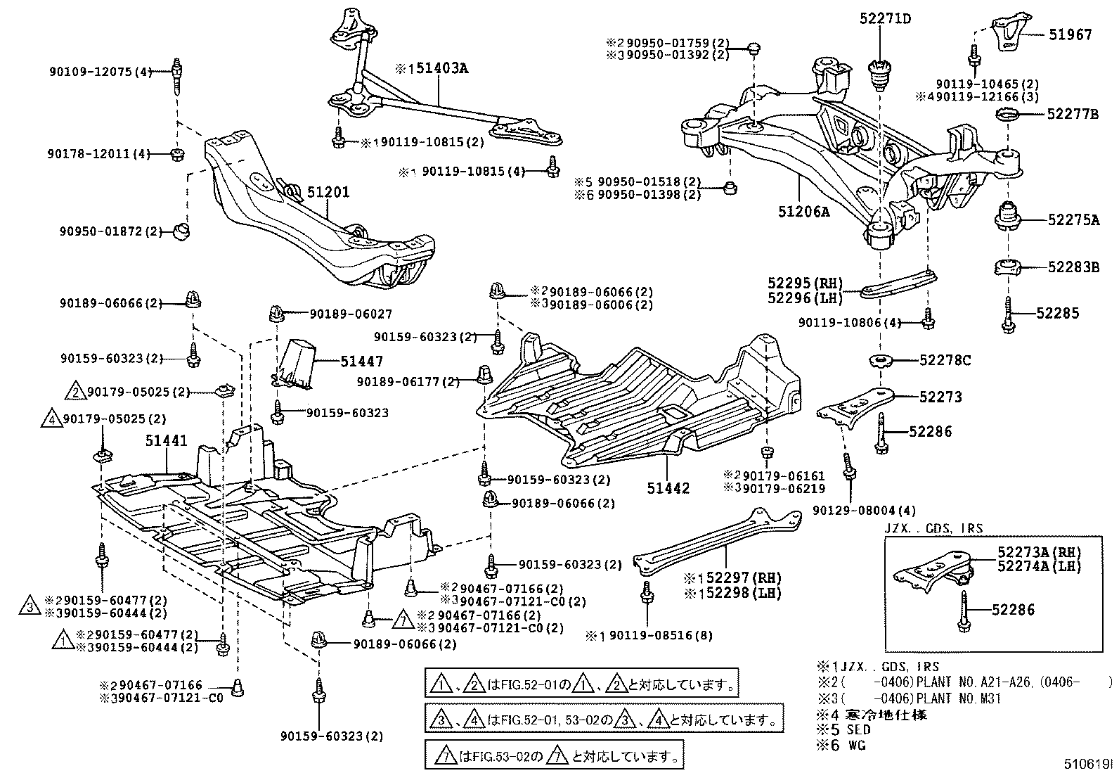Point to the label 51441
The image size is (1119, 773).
coord(167,441)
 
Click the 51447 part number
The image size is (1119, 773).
coord(361,362)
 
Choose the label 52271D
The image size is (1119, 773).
coord(884,19)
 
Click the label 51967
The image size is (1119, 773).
coord(1071,34)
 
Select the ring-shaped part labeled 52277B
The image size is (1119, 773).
coord(1009,115)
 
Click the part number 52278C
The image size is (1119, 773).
coord(945,361)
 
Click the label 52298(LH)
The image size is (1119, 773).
coord(732,593)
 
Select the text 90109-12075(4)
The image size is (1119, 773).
coord(101,71)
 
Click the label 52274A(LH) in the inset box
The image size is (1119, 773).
coord(1039,566)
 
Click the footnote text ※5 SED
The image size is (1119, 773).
coord(843,730)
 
